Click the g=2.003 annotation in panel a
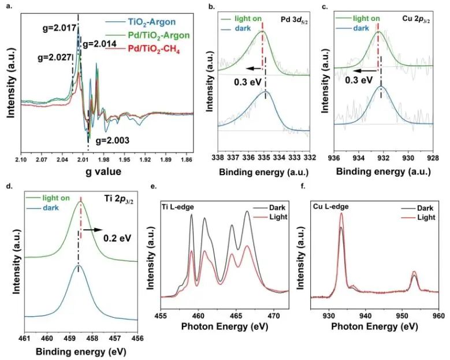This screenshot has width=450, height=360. pyautogui.click(x=113, y=140)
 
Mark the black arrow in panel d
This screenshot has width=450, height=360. pyautogui.click(x=92, y=229)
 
